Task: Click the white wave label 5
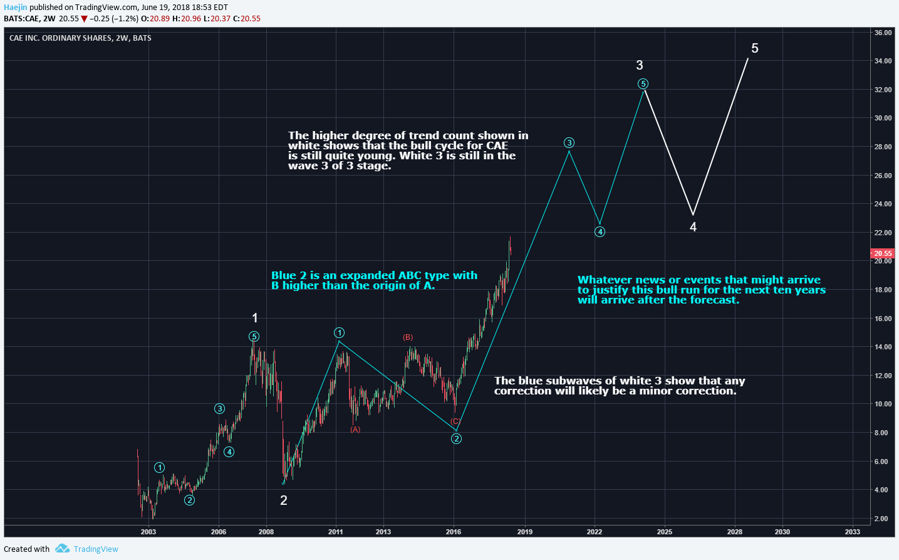(x=754, y=48)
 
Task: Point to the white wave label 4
(x=693, y=227)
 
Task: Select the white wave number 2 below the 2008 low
(x=284, y=500)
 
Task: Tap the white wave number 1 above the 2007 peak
(x=255, y=318)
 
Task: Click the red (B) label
(x=408, y=337)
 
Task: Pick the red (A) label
(x=355, y=430)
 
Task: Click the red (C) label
(x=455, y=421)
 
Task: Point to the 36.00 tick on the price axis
(x=883, y=33)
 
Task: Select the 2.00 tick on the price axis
(x=881, y=519)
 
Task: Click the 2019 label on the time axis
(x=525, y=532)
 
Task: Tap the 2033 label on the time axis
(x=852, y=532)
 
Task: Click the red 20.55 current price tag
(x=883, y=253)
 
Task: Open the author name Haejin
(x=16, y=8)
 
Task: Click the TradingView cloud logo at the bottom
(x=62, y=549)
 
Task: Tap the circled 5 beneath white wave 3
(x=643, y=84)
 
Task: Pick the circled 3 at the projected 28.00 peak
(x=569, y=143)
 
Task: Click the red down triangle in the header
(x=85, y=19)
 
